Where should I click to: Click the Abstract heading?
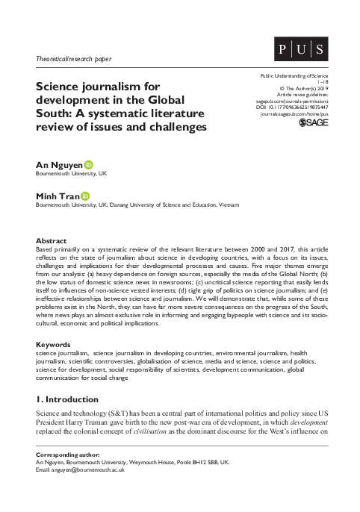[x=51, y=241]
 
